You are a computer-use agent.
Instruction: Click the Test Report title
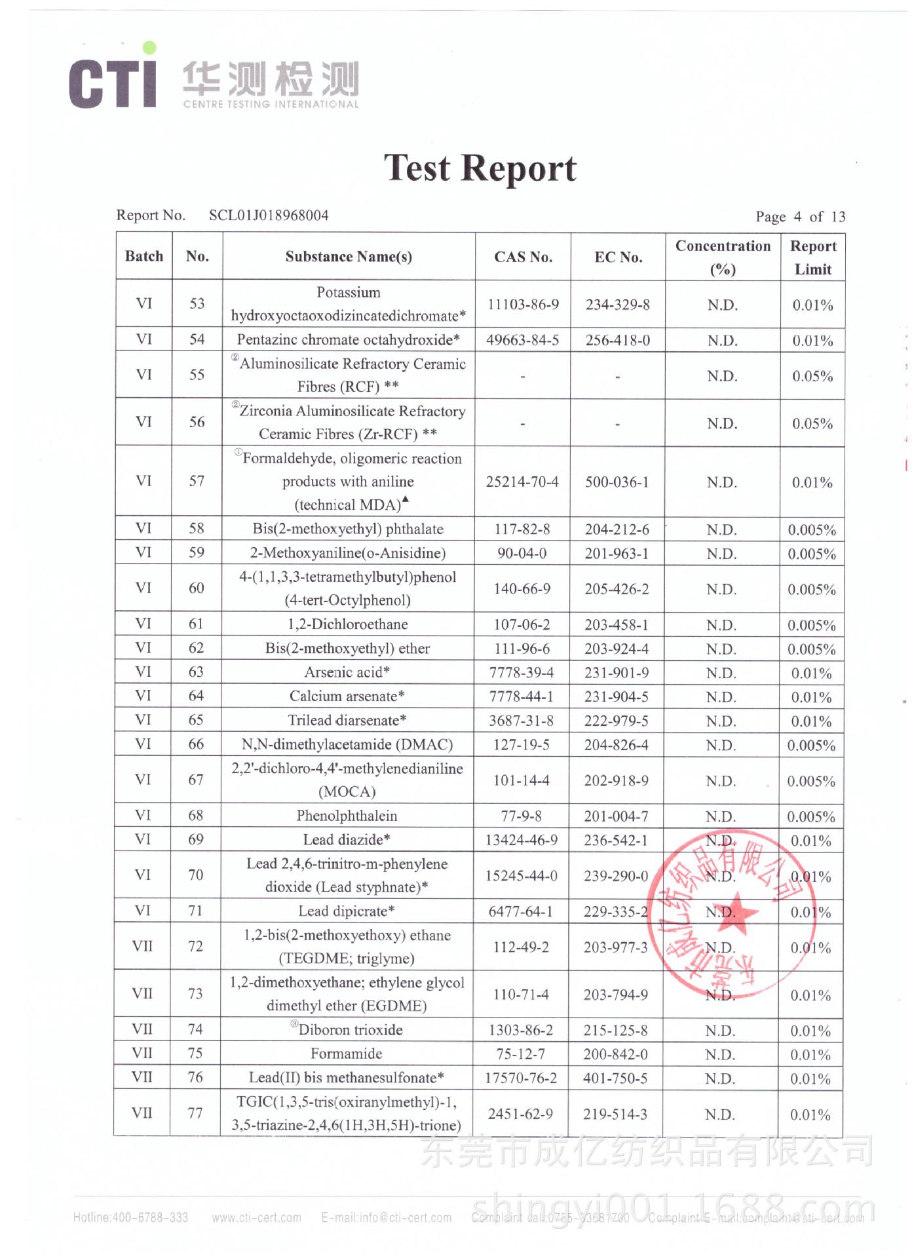click(480, 168)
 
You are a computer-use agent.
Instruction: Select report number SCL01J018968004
click(269, 216)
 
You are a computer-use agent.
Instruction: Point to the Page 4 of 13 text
click(800, 217)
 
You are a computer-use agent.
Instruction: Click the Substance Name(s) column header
click(349, 257)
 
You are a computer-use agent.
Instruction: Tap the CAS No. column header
click(523, 257)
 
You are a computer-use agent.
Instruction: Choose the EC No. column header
click(618, 257)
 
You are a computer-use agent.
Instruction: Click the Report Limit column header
click(812, 257)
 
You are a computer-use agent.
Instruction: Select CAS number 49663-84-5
click(522, 340)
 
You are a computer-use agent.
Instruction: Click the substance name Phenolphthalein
click(347, 816)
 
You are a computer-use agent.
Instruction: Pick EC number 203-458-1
click(617, 625)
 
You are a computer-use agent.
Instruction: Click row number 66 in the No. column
click(196, 744)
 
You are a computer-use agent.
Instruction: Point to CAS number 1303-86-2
click(521, 1031)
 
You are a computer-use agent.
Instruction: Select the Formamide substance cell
click(346, 1054)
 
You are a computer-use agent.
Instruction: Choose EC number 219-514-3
click(615, 1115)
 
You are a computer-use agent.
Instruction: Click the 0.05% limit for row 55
click(812, 376)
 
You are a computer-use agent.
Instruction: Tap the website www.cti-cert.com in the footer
click(256, 1218)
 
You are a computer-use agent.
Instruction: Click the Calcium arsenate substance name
click(347, 696)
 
